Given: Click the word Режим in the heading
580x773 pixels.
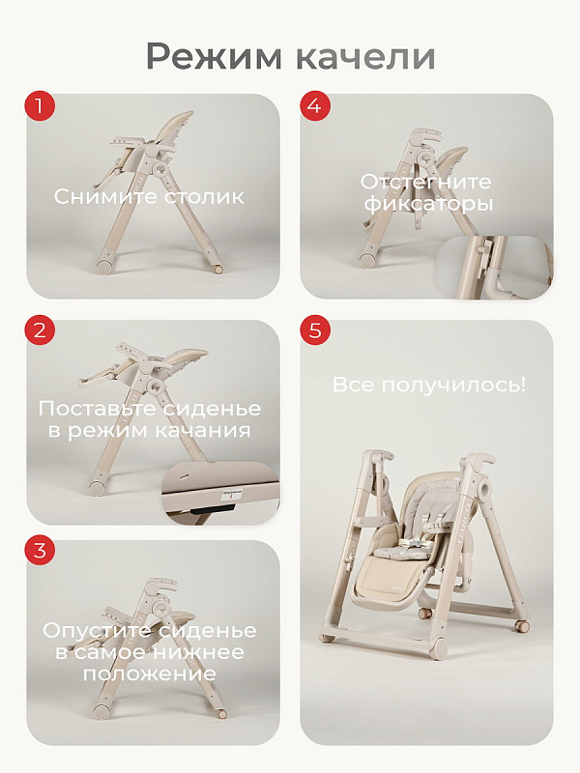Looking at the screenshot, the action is click(x=214, y=58).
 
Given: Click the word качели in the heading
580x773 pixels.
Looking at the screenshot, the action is click(x=367, y=57).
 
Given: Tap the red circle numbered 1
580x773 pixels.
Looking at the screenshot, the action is click(x=40, y=105).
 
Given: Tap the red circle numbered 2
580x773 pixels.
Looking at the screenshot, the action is click(x=40, y=329).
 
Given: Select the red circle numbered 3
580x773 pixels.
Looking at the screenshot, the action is click(x=40, y=550).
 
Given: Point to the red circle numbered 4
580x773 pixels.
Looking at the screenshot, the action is click(x=315, y=105).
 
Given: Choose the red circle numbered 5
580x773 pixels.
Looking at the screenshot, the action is click(x=315, y=329).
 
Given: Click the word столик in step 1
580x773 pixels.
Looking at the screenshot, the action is click(x=204, y=197).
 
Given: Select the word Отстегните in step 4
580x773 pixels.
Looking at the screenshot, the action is click(x=426, y=182).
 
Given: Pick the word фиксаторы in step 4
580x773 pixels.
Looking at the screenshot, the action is click(x=429, y=204).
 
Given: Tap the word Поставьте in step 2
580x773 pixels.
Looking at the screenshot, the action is click(x=98, y=409).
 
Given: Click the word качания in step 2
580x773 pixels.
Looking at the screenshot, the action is click(x=203, y=430).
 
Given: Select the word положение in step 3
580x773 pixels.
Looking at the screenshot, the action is click(x=150, y=673).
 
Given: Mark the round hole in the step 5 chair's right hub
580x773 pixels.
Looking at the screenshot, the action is click(x=484, y=489).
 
